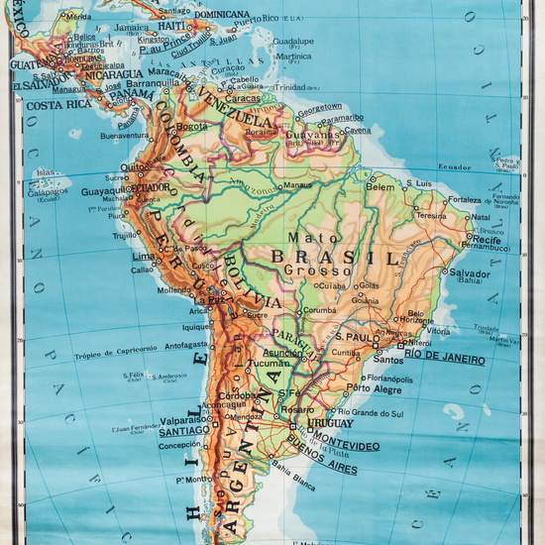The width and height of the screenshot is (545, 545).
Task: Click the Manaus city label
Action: pos(297,185)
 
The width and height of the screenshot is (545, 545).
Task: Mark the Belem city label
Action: pos(381,186)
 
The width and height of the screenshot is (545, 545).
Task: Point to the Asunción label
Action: pos(282,352)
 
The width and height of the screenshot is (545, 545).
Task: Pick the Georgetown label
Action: pos(321,107)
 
